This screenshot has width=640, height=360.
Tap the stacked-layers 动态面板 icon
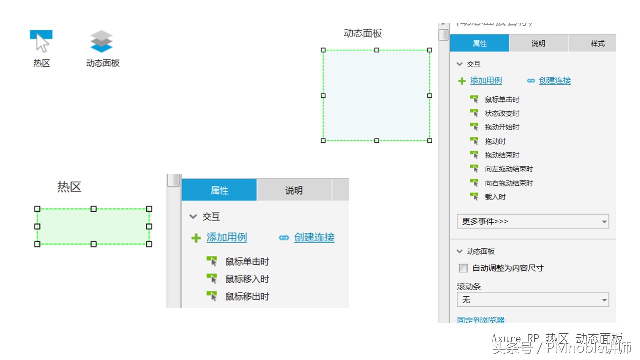point(101,41)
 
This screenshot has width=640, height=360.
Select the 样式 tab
point(597,44)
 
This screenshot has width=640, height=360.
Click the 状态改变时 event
point(502,113)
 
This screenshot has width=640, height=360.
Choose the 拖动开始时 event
point(502,127)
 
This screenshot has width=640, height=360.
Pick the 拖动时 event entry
point(495,141)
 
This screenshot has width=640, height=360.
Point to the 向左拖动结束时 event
point(509,169)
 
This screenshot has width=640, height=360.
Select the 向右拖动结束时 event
point(509,183)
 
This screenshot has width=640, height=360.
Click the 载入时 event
point(495,197)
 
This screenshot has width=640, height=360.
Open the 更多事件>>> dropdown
point(533,221)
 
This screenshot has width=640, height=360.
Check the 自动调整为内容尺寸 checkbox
point(463,268)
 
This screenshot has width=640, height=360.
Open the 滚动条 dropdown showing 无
point(533,300)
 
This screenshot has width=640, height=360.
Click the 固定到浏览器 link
point(481,320)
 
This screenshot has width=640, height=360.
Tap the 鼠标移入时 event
point(247,279)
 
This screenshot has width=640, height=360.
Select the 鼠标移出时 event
point(247,297)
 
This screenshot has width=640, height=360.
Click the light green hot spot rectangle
point(93,226)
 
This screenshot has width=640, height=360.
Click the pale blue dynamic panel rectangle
point(376,95)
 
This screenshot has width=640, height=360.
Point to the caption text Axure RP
point(515,338)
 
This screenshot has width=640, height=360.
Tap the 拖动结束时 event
point(502,155)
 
